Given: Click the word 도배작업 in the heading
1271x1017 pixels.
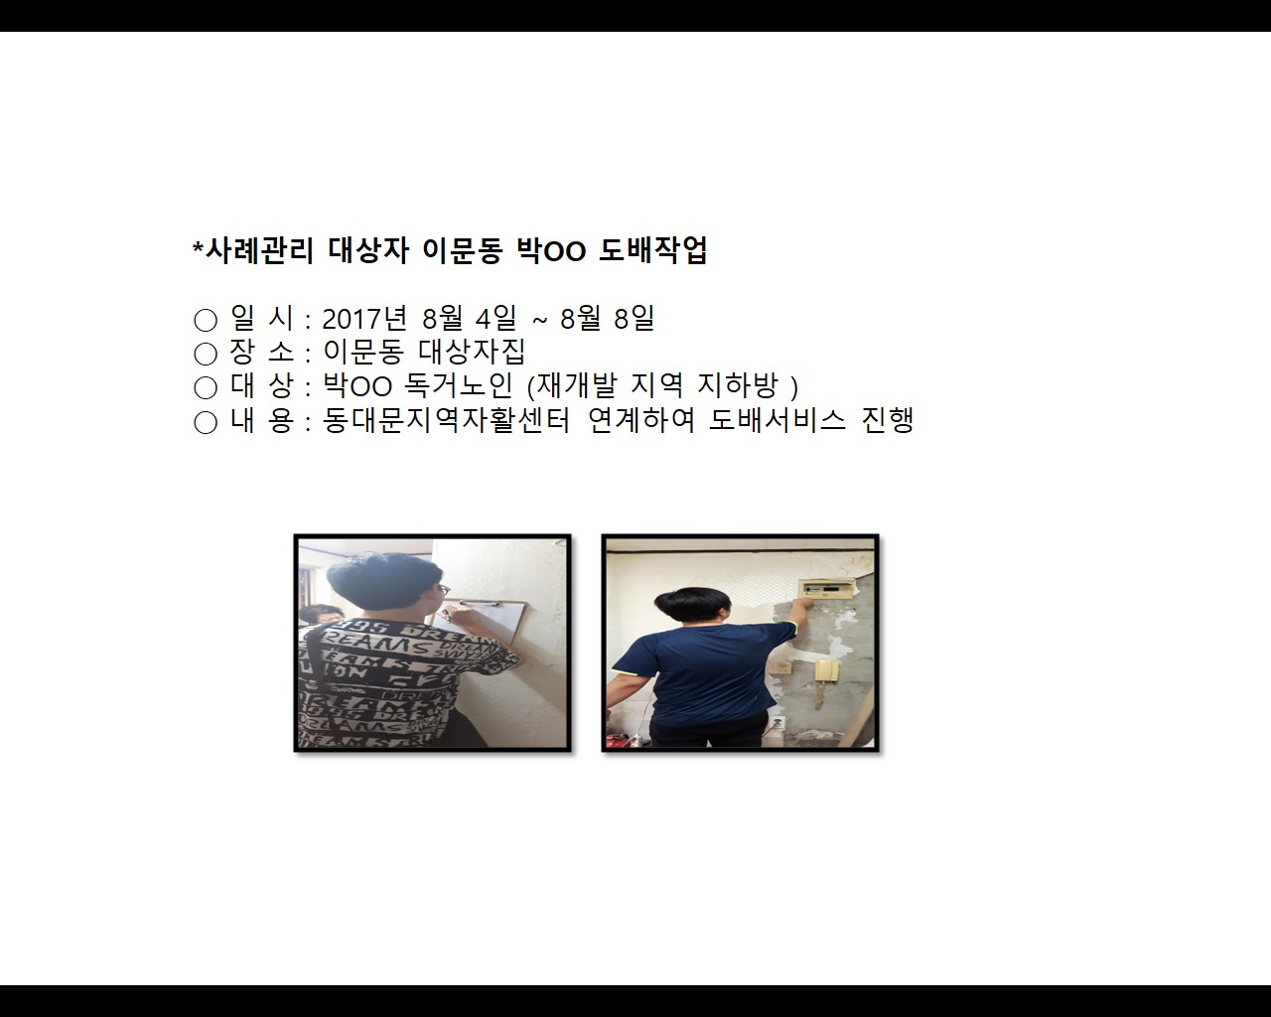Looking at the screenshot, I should [x=652, y=251].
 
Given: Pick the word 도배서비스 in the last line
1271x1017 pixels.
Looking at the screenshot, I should [x=777, y=420].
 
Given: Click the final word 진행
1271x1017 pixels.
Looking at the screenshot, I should [x=888, y=420].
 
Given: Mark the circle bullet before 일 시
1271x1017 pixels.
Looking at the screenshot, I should [x=206, y=320].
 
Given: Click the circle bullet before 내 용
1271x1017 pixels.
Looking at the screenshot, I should [x=206, y=422].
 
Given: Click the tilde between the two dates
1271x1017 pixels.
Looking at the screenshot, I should [x=539, y=320].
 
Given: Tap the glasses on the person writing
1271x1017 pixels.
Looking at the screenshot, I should [x=444, y=590].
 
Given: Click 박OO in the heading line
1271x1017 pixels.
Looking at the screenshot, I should [x=551, y=251].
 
